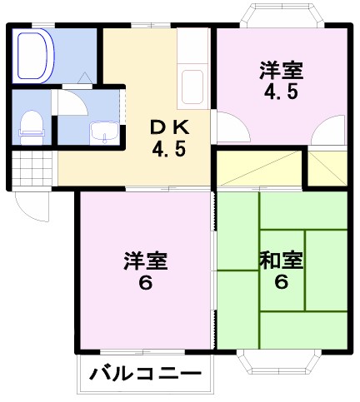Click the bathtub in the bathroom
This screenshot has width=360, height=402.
34,55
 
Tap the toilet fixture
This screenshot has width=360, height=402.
31,123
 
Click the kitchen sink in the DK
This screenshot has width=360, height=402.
192,85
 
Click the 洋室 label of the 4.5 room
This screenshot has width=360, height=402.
280,70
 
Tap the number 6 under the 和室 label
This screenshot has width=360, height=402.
281,281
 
